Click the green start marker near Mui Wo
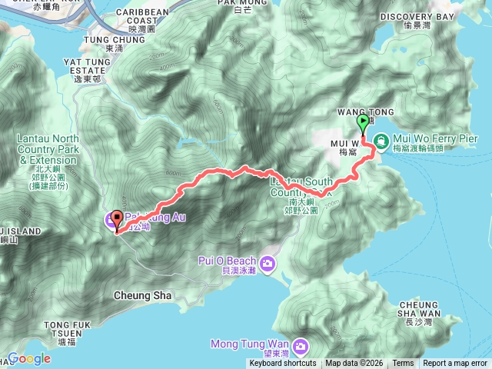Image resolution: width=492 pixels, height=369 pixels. coord(362,123)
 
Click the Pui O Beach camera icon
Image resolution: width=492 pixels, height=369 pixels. coord(268,264)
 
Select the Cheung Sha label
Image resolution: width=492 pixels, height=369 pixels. coord(137,294)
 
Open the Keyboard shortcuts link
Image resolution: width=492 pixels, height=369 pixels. coord(282,363)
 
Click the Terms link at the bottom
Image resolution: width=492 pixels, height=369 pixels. coord(403,363)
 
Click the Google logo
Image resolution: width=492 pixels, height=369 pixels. coord(29,358)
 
